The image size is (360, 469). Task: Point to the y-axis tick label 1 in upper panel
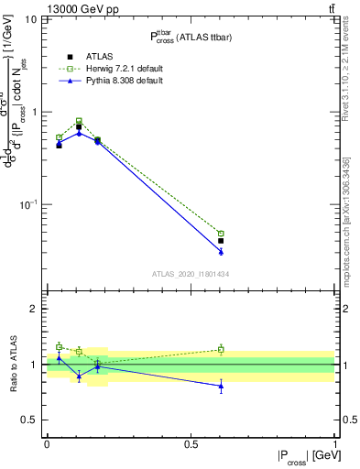click(x=35, y=112)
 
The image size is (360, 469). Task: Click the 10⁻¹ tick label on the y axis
click(x=29, y=204)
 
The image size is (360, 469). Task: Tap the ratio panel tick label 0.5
click(x=31, y=420)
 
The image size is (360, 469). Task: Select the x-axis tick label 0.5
click(x=191, y=443)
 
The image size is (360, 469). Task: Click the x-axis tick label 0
click(x=47, y=443)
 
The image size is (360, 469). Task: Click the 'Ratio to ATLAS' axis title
click(x=13, y=364)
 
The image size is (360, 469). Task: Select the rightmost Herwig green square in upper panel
click(x=221, y=234)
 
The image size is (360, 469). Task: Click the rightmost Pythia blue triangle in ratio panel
click(x=221, y=386)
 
